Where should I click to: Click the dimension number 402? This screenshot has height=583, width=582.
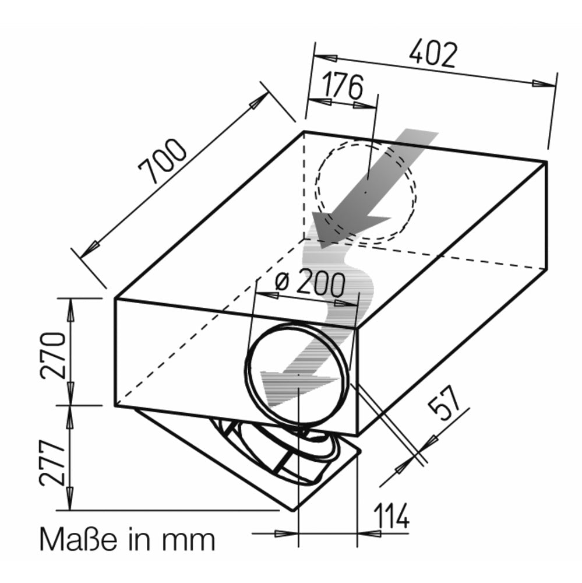tap(433, 54)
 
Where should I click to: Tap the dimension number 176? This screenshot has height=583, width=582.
tap(342, 86)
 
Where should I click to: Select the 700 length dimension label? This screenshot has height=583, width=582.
tap(162, 161)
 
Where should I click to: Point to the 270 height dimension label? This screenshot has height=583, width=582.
tap(53, 356)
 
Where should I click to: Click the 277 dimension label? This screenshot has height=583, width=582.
tap(52, 463)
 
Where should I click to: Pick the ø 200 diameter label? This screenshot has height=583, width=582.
tap(309, 283)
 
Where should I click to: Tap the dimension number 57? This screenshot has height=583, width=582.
tap(444, 403)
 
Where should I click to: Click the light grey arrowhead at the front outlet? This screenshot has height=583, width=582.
tap(297, 387)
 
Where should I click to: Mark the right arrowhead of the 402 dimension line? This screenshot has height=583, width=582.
tap(544, 83)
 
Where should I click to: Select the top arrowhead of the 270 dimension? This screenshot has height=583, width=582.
tap(69, 310)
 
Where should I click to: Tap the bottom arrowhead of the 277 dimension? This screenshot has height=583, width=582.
tap(69, 498)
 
